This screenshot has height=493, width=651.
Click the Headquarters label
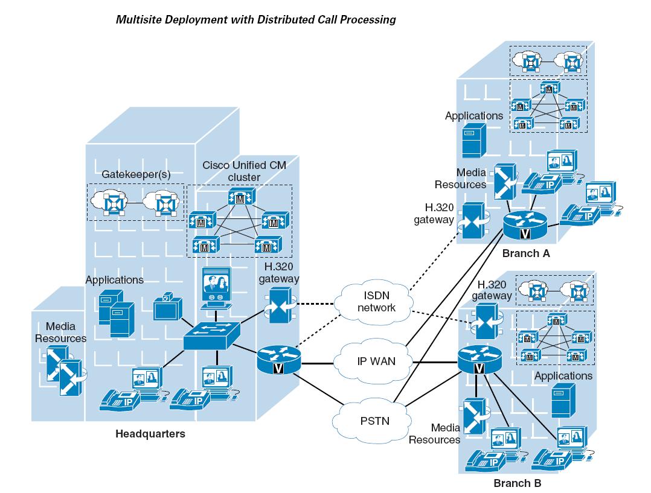[x=150, y=434]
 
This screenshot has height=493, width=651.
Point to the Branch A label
[x=525, y=253]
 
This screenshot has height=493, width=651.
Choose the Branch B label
[x=518, y=483]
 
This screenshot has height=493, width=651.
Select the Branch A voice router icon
[x=524, y=228]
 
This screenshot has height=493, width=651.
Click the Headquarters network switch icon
[x=213, y=335]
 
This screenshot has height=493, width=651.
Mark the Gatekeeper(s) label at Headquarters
[x=136, y=174]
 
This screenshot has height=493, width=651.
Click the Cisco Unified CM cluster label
[x=240, y=171]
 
